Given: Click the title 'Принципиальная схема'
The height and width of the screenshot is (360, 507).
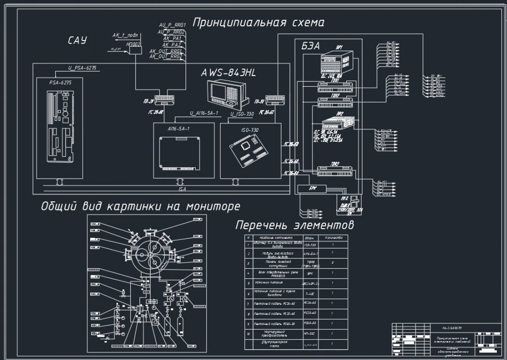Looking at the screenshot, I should [x=258, y=22].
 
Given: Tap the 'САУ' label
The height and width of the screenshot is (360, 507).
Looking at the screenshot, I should [x=77, y=41].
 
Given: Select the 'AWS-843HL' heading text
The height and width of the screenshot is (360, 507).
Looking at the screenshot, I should [x=228, y=73].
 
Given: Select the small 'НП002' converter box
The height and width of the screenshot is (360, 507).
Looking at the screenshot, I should [x=135, y=45].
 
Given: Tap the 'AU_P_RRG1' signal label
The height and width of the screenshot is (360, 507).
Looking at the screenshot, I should [x=173, y=24].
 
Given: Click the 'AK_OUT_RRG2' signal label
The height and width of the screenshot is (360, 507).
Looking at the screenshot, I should [x=166, y=56].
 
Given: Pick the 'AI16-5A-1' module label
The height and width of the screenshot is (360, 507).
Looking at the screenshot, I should [x=178, y=129].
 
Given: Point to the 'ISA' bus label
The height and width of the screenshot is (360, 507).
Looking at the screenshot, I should [x=182, y=189].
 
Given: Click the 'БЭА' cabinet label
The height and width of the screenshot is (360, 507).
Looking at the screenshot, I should [x=310, y=46].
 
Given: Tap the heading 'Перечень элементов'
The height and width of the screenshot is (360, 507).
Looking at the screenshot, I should [x=295, y=224].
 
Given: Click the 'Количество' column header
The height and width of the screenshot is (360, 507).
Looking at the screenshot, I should [x=333, y=237].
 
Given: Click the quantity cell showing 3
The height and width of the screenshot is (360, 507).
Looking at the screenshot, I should [x=333, y=263].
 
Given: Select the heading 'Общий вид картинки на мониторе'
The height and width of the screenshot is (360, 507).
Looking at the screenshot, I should [x=140, y=206].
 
